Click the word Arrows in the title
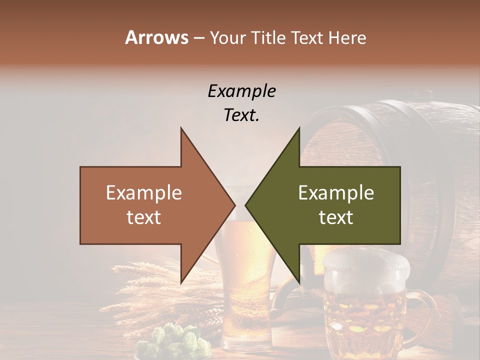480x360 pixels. (156, 37)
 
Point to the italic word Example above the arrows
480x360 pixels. (241, 91)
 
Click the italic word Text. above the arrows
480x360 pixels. (241, 115)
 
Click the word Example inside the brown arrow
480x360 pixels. (144, 193)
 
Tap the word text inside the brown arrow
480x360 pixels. (144, 217)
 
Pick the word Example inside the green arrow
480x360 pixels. (336, 193)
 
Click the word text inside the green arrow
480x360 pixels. (336, 217)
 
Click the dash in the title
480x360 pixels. (199, 38)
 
